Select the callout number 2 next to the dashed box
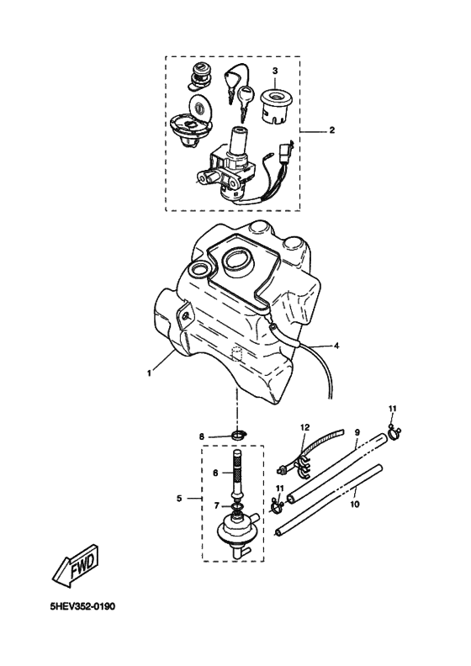(x=331, y=130)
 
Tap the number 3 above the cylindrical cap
(x=273, y=70)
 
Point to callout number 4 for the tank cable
(x=336, y=346)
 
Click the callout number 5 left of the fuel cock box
(x=179, y=499)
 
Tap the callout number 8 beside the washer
(x=202, y=436)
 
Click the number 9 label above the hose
(x=357, y=432)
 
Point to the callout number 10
(x=353, y=504)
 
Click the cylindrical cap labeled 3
(x=274, y=105)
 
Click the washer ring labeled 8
(x=238, y=436)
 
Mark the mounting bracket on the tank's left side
(x=181, y=319)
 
